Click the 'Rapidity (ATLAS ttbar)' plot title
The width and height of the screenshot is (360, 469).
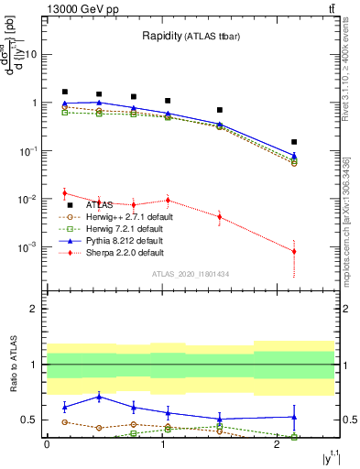coord(193,37)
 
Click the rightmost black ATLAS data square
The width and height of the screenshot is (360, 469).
coord(294,142)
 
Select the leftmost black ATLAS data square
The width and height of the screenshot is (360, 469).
coord(64,92)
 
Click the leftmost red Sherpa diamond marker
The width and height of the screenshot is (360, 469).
coord(64,193)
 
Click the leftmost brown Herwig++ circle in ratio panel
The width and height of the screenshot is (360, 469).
coord(64,421)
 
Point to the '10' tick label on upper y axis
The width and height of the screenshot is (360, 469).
coord(29,54)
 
